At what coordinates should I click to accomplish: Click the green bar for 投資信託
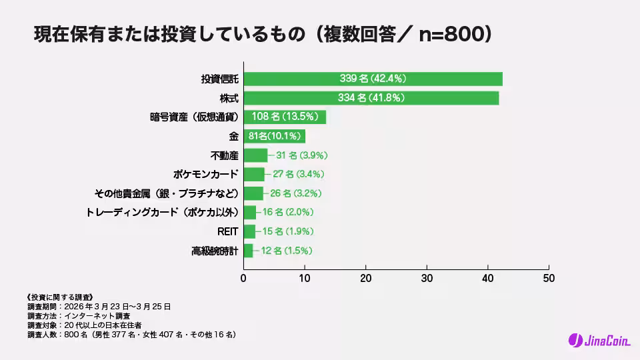tap(373, 79)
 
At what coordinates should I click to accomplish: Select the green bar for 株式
tap(371, 98)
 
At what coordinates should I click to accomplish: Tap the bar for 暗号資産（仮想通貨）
tap(285, 117)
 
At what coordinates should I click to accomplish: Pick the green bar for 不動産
tap(255, 155)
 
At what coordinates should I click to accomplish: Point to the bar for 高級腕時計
tap(248, 251)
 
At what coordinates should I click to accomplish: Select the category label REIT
tap(227, 232)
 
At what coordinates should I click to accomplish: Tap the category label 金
tap(233, 136)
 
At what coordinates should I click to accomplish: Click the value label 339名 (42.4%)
tap(373, 79)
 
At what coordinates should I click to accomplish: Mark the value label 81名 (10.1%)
tap(274, 136)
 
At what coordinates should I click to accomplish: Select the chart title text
tap(263, 35)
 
